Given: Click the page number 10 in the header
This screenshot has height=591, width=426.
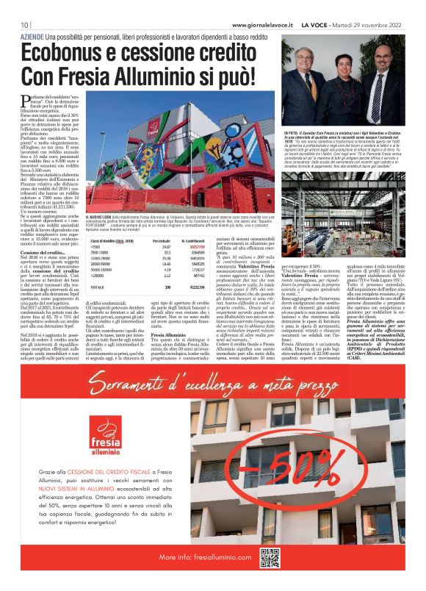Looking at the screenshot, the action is [x=24, y=25].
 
